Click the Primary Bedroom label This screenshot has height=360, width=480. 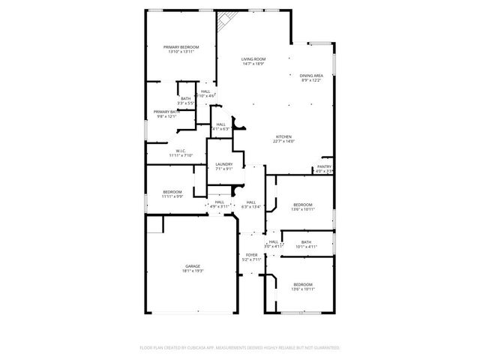pos(180,47)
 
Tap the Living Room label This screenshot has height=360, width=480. pos(253,58)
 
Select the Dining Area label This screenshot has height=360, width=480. pos(311,76)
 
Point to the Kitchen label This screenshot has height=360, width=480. pos(283,136)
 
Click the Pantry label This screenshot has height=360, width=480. pos(324,166)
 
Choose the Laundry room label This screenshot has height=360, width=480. pos(223,164)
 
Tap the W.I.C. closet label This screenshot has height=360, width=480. pos(181,151)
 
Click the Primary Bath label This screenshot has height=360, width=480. pos(166,112)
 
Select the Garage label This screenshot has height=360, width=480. pos(193,266)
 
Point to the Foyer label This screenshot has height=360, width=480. pos(252,255)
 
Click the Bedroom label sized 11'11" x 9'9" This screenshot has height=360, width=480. pos(172,192)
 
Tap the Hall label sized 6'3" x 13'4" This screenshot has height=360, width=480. pos(251,201)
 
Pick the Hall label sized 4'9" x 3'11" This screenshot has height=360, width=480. pos(219,201)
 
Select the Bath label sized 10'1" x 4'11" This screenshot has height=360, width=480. pos(306,241)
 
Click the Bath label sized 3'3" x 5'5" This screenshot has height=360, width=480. pos(185,98)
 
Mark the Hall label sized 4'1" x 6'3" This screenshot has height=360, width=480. pos(220,124)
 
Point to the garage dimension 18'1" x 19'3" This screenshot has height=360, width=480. pos(193,271)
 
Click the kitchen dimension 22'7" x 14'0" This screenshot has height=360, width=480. pos(283,141)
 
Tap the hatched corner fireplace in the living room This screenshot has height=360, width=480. pos(226,22)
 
